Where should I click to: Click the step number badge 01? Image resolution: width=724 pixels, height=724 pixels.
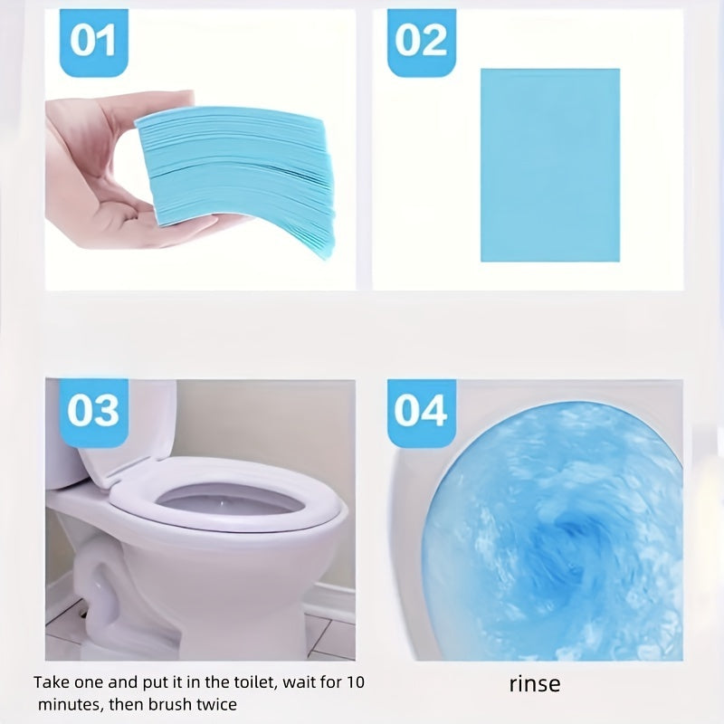[x=94, y=43]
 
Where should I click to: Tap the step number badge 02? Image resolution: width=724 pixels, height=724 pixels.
[x=421, y=43]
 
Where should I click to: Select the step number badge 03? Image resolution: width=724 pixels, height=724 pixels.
[x=94, y=413]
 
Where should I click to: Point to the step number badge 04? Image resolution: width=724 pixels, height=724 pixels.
[x=421, y=413]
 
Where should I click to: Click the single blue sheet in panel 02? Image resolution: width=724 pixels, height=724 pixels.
[x=550, y=166]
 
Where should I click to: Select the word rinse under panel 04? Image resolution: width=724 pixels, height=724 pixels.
[x=535, y=684]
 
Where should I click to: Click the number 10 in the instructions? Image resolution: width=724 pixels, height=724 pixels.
[x=355, y=682]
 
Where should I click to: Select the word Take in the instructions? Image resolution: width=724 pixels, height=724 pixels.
[x=52, y=682]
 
